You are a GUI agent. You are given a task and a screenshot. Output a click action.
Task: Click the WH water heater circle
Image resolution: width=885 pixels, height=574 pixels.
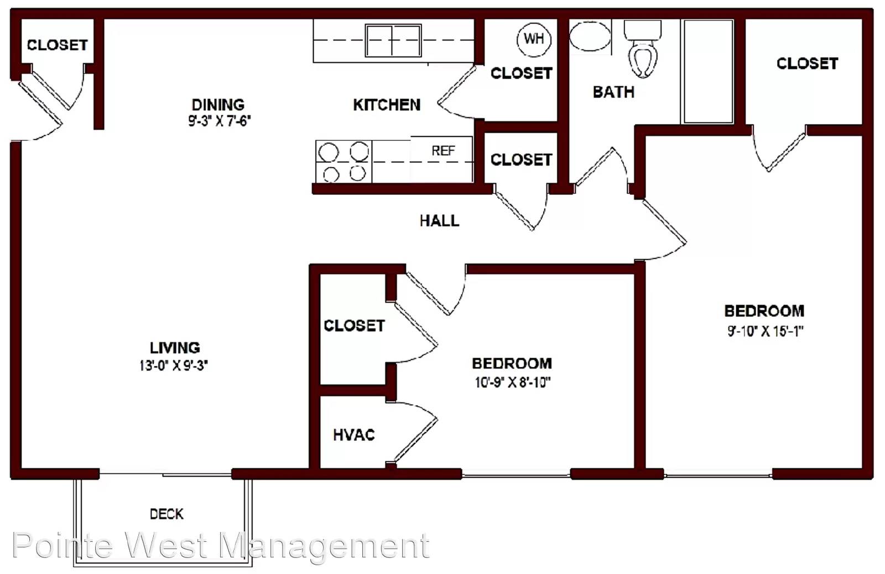coord(534,39)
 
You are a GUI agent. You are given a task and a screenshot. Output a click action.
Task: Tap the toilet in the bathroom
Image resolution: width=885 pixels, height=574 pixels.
coord(643,50)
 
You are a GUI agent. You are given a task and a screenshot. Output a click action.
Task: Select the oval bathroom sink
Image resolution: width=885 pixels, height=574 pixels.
coord(590,37)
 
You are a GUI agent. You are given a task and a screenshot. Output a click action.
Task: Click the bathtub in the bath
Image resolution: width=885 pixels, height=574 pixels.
coord(709,71)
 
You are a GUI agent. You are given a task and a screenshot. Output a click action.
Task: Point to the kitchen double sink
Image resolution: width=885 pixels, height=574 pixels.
coord(393,40)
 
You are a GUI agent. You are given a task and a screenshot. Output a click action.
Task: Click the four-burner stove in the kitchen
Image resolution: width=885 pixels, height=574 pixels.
coord(343,162)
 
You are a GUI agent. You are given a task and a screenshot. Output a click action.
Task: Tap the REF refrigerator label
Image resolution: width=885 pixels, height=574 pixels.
coord(443,151)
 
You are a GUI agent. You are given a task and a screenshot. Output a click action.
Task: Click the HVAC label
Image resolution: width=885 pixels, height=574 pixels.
coord(354,435)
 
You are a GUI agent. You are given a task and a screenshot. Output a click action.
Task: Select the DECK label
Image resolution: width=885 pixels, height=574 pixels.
coord(166,514)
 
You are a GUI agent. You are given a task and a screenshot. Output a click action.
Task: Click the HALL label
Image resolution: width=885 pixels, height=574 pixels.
coord(439,221)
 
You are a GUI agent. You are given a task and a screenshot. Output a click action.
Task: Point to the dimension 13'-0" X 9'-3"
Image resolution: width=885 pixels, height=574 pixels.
coord(174,366)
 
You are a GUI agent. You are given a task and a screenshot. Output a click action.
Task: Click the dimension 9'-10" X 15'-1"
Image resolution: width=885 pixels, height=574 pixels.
coord(765,331)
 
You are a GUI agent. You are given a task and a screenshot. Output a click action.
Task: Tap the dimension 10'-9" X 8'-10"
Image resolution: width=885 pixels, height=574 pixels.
coord(512,382)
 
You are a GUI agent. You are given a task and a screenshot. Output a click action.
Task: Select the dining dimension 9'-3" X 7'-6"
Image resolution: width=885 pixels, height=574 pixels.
coord(220,121)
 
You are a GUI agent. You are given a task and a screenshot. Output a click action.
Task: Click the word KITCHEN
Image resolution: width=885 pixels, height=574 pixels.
coord(387,105)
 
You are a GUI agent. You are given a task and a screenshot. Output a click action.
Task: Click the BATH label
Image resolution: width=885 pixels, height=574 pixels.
coord(613,92)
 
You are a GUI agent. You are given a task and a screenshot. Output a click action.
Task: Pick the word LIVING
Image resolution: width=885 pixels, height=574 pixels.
coord(175,348)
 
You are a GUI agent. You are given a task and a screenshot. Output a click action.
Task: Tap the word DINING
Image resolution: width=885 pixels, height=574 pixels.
coord(218,105)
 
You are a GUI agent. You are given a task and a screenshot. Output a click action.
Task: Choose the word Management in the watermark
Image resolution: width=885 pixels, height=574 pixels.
coord(324,547)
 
